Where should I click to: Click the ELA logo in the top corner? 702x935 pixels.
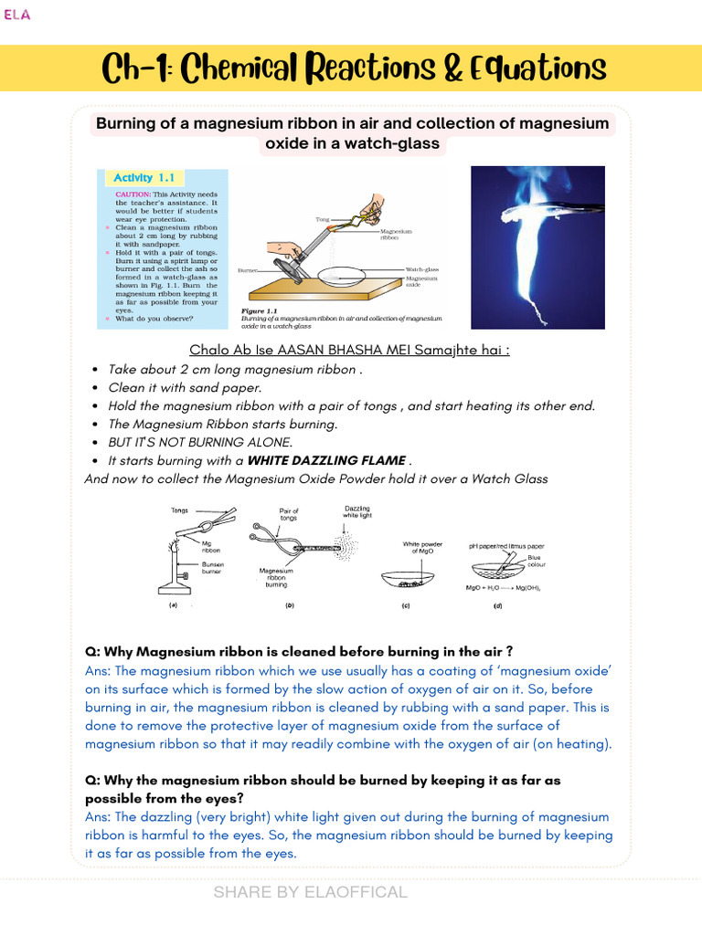point(17,15)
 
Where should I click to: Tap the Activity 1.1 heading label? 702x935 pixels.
point(143,178)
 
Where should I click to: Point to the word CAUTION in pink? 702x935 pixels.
point(133,194)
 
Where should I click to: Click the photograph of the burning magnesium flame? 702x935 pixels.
point(537,247)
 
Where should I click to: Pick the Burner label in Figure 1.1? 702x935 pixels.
point(248,271)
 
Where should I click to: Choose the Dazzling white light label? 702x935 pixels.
point(357,512)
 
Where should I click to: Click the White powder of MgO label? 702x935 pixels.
point(422,548)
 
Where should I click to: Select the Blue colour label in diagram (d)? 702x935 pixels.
point(540,561)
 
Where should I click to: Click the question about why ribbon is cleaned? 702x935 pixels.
point(298,651)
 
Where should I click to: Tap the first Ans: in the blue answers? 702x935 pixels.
point(98,671)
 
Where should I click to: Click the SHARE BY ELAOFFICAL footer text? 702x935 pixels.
point(310,892)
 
